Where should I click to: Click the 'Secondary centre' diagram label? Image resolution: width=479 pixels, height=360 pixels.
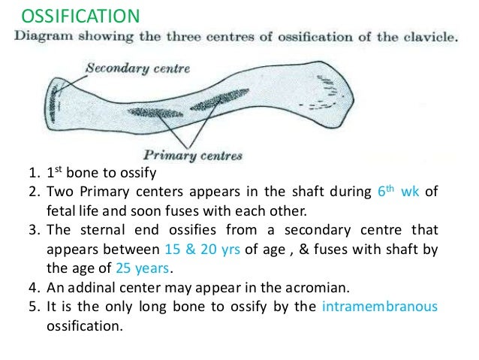tap(138, 68)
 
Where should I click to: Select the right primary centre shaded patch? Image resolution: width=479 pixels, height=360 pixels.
tap(224, 98)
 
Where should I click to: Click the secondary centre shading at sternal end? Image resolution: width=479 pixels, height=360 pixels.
tap(52, 105)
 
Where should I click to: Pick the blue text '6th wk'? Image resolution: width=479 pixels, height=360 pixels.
tap(397, 190)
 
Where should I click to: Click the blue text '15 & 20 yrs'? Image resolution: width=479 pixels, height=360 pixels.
tap(200, 250)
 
